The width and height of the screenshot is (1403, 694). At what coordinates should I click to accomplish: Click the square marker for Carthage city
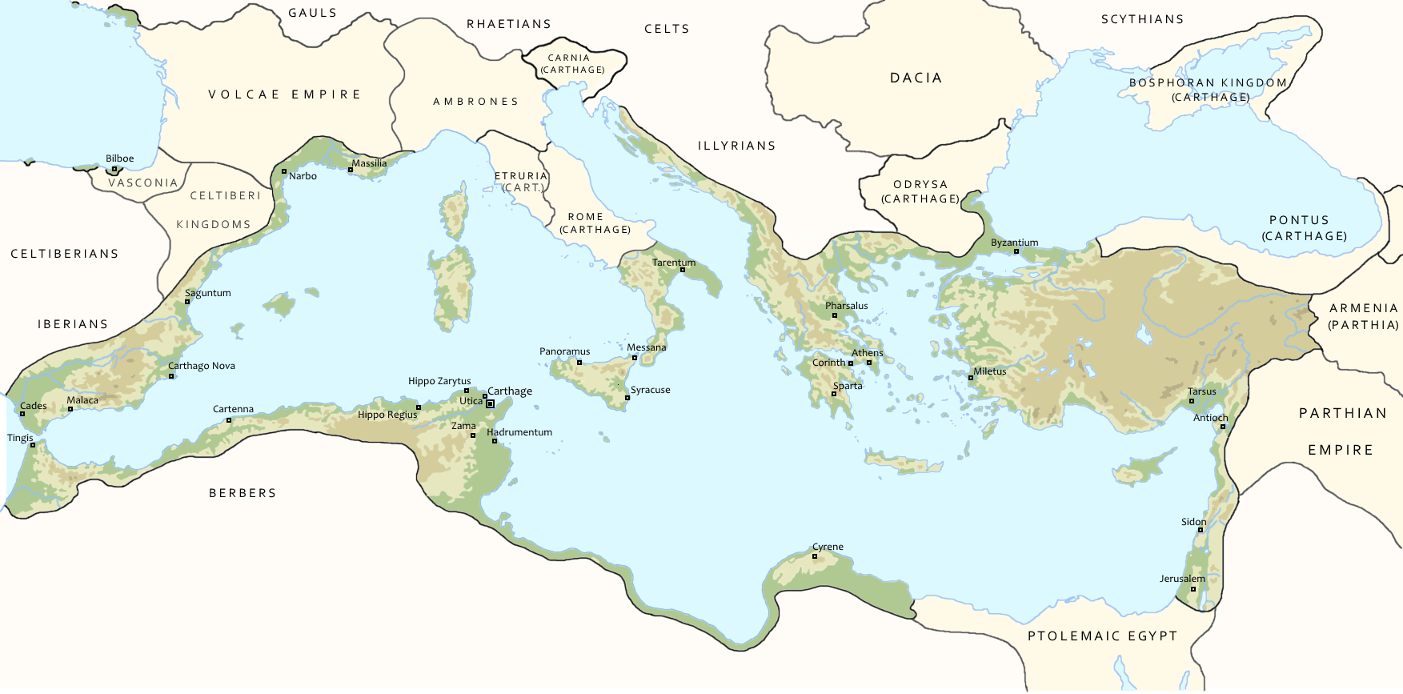click(x=491, y=404)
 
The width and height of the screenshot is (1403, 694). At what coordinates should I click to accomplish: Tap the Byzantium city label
click(x=1014, y=243)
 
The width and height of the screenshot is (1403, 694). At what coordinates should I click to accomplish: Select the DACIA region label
click(x=916, y=78)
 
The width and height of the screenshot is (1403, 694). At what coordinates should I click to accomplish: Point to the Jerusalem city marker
click(x=1193, y=589)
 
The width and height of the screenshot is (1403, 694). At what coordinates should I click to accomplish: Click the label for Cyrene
click(x=828, y=547)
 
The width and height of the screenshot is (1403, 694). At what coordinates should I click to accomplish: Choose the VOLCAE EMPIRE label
click(x=285, y=94)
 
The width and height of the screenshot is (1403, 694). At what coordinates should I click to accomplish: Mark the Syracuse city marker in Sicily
click(x=627, y=398)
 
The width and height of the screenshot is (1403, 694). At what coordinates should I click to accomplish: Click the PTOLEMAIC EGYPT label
click(x=1102, y=636)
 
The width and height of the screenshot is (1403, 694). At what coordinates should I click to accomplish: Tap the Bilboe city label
click(x=120, y=158)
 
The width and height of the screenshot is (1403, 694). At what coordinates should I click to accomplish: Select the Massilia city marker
click(x=351, y=170)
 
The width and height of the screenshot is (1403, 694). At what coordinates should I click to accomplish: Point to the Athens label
click(x=867, y=353)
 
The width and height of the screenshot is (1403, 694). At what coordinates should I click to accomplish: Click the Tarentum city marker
click(x=683, y=270)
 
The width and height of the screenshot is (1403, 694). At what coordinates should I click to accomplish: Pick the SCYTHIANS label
click(x=1142, y=19)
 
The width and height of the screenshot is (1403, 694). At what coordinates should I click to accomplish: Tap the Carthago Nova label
click(x=202, y=366)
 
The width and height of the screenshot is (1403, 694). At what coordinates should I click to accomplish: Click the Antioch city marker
click(x=1223, y=427)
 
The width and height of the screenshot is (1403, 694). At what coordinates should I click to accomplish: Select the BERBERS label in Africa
click(x=243, y=493)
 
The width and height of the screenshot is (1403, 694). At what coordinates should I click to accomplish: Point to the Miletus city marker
click(x=971, y=378)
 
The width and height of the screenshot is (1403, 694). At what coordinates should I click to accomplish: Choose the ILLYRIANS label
click(x=736, y=146)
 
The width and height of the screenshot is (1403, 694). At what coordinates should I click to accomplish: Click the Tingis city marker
click(x=33, y=445)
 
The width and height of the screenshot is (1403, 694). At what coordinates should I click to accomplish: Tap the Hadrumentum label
click(x=519, y=432)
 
